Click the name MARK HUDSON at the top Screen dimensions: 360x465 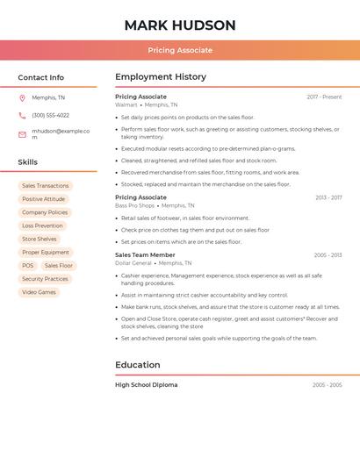(x=180, y=25)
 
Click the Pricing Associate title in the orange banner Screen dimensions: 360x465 (x=180, y=50)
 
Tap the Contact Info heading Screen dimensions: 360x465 (x=41, y=77)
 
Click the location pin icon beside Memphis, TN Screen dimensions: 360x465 (x=22, y=97)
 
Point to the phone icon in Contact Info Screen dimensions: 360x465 (x=22, y=115)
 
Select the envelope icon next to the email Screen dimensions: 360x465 (x=22, y=134)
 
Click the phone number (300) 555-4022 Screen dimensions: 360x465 (x=50, y=115)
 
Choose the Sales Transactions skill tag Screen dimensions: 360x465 (x=45, y=186)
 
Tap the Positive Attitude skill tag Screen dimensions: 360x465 (x=43, y=199)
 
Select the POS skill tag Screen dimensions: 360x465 (x=28, y=266)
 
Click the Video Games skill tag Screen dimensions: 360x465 (x=39, y=292)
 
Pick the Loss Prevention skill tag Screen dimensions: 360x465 (x=41, y=225)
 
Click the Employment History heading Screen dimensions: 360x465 (x=161, y=77)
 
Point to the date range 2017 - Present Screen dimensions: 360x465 (x=324, y=97)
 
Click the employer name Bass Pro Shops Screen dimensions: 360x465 (x=134, y=205)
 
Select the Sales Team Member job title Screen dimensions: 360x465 (x=145, y=255)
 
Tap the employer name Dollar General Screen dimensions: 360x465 (x=133, y=263)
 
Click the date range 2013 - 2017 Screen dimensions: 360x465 (x=328, y=198)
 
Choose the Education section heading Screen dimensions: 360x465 (x=138, y=365)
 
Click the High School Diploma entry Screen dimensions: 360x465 (x=146, y=385)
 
